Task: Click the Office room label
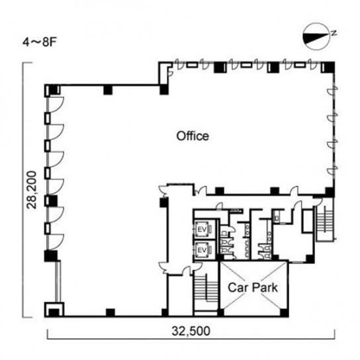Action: pos(193,136)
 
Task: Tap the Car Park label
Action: pos(253,287)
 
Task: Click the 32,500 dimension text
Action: pos(191,331)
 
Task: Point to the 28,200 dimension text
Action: pos(32,190)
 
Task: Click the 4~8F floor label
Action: pos(40,42)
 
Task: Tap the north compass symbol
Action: pos(317,36)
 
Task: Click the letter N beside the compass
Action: pos(334,33)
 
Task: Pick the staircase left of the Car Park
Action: pos(206,288)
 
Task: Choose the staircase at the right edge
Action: pos(325,220)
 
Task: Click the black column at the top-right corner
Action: pos(328,67)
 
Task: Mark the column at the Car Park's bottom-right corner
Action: pos(285,313)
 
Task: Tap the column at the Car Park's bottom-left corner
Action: pos(220,313)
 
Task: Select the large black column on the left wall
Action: pos(51,256)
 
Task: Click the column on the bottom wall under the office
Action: pos(111,312)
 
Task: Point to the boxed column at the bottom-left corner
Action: pos(54,310)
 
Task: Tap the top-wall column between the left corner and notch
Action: pos(108,90)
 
